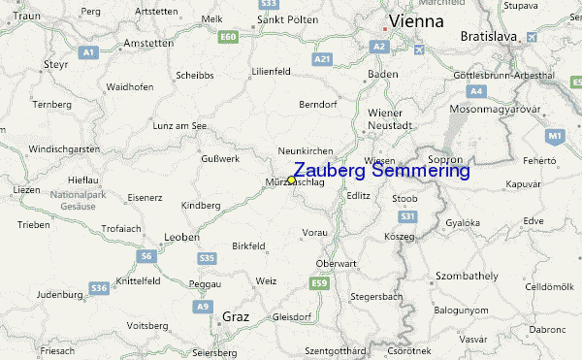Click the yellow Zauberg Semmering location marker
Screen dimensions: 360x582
(x=291, y=180)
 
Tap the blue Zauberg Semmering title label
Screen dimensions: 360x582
(x=381, y=171)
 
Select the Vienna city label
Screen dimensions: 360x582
(x=416, y=20)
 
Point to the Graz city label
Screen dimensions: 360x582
(x=236, y=316)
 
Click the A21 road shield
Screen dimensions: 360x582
(x=323, y=59)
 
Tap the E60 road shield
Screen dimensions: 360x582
(x=229, y=37)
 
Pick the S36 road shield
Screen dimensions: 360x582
(x=99, y=288)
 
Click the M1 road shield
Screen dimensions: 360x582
(x=555, y=136)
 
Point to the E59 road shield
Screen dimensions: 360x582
(x=319, y=282)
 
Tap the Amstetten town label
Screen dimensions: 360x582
(x=147, y=43)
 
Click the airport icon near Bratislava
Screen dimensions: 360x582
(x=532, y=37)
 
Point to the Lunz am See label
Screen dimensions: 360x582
(x=180, y=126)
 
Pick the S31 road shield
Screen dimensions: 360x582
(x=408, y=216)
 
